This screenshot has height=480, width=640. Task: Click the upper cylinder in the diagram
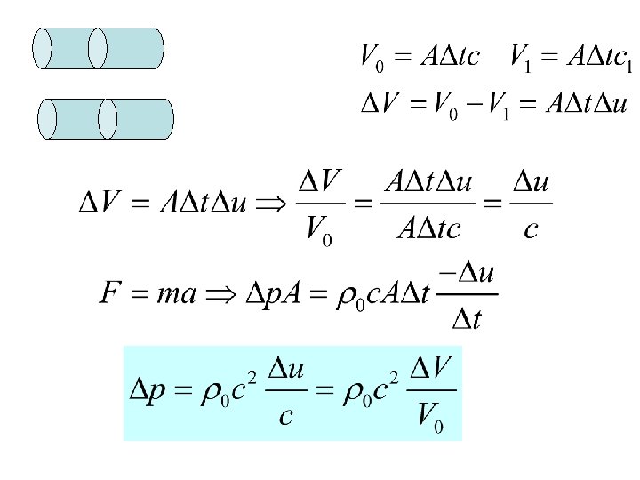point(98,48)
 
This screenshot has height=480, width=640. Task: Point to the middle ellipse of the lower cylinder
point(108,119)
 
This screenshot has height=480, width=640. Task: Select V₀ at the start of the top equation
point(372,58)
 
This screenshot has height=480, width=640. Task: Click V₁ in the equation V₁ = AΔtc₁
point(522,58)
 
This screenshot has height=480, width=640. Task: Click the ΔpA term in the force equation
point(281,293)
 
